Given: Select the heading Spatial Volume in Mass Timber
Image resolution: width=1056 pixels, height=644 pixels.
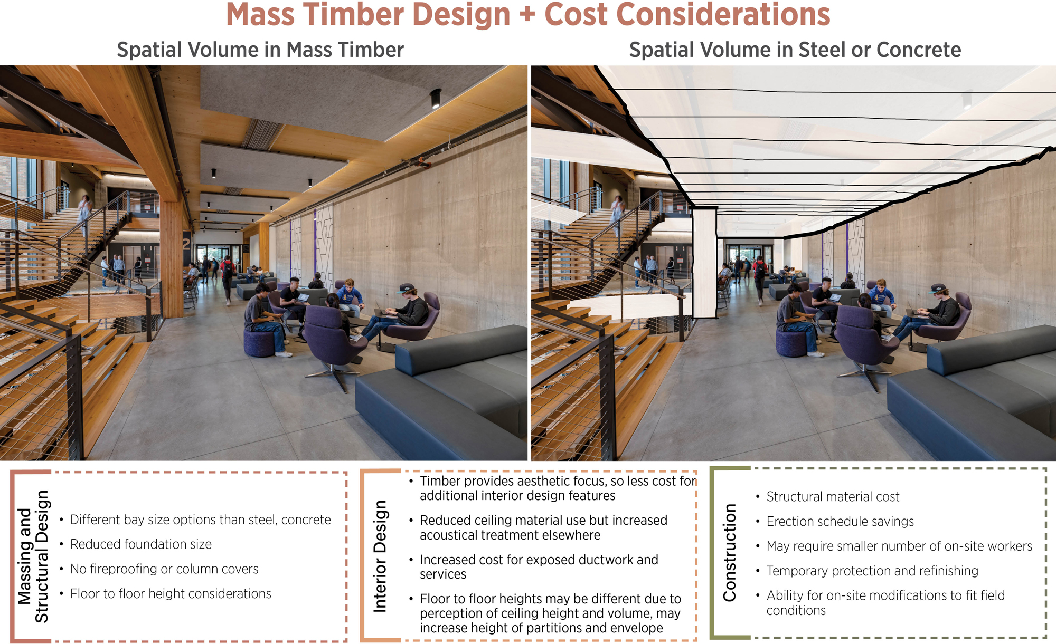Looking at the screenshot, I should tap(260, 50).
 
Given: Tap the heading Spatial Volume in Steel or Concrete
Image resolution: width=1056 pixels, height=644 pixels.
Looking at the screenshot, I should tap(795, 50).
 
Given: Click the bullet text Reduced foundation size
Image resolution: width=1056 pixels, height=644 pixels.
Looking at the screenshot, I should tap(140, 544).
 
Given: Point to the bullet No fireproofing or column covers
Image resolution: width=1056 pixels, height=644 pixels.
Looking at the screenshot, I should tap(164, 569).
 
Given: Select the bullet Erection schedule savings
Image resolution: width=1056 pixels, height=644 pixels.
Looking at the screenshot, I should tap(840, 522).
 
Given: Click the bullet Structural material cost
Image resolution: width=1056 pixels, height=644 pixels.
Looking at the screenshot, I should tap(833, 497).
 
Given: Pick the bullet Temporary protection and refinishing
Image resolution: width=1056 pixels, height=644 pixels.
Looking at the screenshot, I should tap(872, 571).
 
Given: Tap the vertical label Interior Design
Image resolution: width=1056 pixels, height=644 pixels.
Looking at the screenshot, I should tap(380, 556).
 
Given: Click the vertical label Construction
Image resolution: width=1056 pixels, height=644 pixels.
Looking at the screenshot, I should tap(729, 553).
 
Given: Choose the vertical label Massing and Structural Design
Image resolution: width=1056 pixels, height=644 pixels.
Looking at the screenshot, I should tap(33, 556).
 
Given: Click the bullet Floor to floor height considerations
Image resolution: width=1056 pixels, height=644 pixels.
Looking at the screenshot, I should tap(170, 594).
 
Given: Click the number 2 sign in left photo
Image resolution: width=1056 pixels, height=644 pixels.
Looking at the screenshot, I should tap(186, 244).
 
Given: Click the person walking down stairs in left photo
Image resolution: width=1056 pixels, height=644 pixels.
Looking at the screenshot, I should tap(84, 211).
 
